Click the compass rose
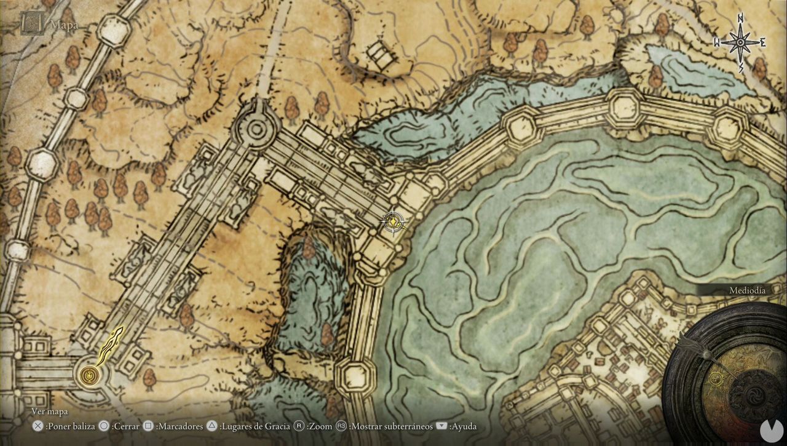(740, 42)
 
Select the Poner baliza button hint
(66, 426)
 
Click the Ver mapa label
(50, 412)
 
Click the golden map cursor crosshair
(393, 221)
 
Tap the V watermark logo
(769, 429)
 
